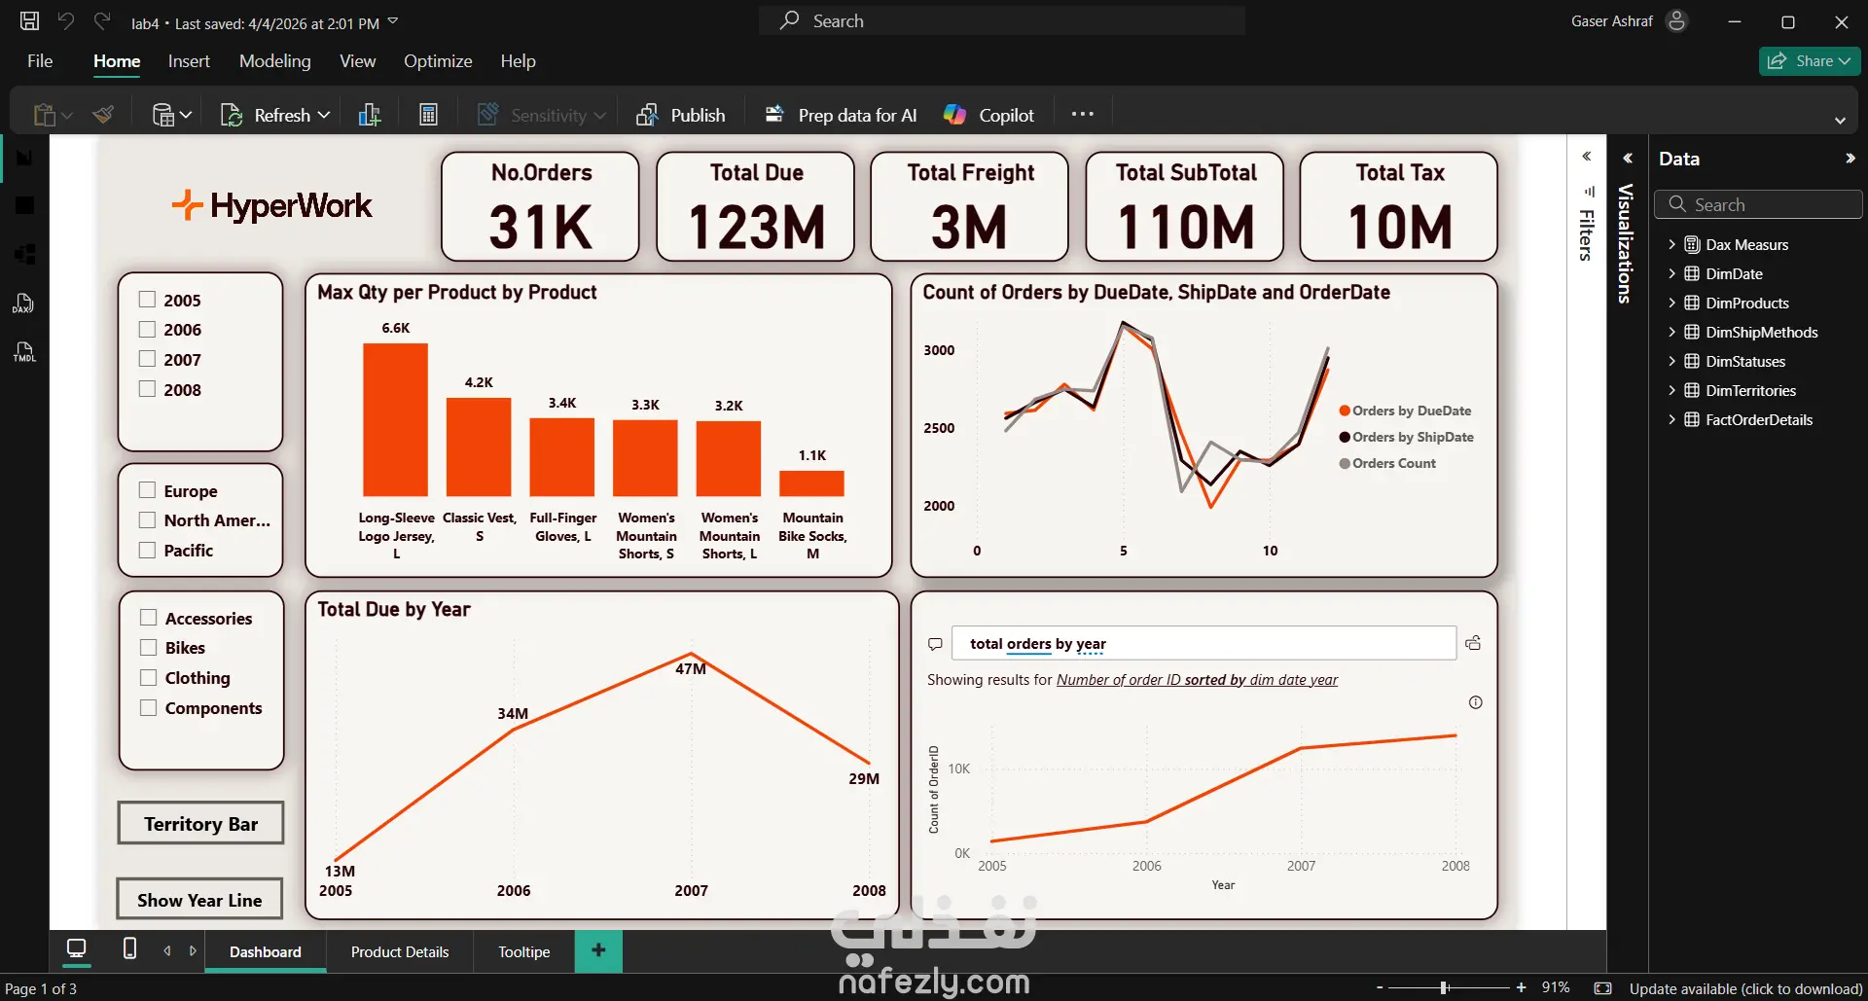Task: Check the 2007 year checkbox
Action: [x=148, y=359]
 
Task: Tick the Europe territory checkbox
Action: [x=148, y=490]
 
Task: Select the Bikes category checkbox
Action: [x=149, y=648]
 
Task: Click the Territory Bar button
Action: [x=200, y=824]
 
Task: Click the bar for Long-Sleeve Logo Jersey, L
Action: [x=395, y=420]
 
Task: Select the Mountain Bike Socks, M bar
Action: [x=811, y=483]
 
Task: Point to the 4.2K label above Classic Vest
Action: [x=479, y=382]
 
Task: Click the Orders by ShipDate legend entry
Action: [x=1412, y=437]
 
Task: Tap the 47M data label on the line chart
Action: [x=691, y=669]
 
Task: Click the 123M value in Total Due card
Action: [x=756, y=227]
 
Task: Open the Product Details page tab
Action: [x=400, y=951]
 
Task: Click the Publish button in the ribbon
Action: [x=682, y=115]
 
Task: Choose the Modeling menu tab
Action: [x=275, y=61]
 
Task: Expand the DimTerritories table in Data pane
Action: [x=1671, y=390]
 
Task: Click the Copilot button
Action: [x=989, y=115]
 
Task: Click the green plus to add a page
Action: [x=598, y=950]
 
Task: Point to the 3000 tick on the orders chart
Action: [x=939, y=350]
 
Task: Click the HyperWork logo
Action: [x=272, y=206]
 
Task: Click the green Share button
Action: [x=1809, y=61]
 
